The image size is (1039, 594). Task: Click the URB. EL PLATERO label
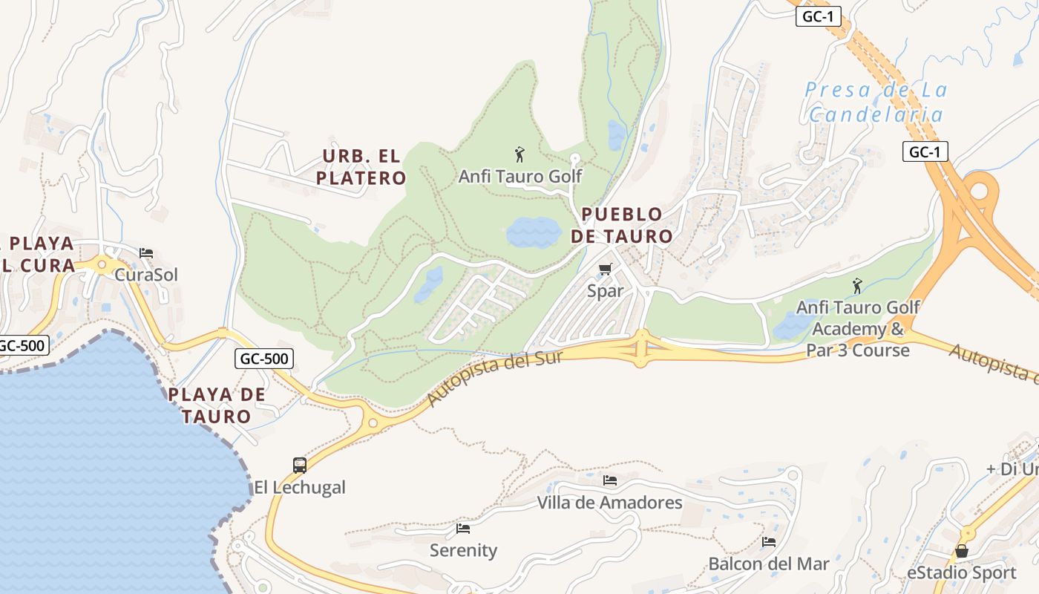[x=361, y=167]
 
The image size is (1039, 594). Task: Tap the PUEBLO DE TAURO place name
[x=622, y=226]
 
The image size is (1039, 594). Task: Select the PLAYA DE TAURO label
[x=217, y=405]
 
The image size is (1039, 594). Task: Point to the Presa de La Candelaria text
[x=876, y=102]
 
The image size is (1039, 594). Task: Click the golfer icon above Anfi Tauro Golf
[x=519, y=154]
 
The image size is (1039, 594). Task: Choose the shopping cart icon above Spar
[x=606, y=269]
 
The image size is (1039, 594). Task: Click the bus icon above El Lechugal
[x=300, y=466]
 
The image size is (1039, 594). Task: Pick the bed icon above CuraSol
[x=146, y=253]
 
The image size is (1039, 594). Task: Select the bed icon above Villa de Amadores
[x=610, y=480]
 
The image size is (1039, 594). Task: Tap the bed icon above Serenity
[x=463, y=529]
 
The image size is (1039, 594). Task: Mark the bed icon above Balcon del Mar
[x=769, y=542]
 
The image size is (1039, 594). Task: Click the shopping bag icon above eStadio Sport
[x=962, y=551]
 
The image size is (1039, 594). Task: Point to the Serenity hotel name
[x=463, y=550]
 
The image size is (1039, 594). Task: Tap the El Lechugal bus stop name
[x=300, y=488]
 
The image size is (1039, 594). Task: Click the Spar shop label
[x=606, y=291]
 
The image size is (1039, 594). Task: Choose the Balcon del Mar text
[x=768, y=564]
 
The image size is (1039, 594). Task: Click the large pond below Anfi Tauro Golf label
[x=534, y=232]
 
